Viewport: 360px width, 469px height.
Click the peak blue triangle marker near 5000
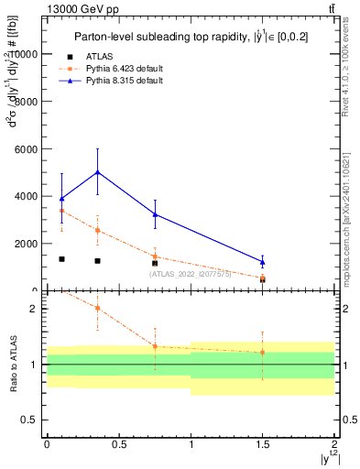click(97, 172)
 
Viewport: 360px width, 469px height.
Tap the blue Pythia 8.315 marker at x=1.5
click(262, 262)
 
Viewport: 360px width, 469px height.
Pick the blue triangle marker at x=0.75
click(155, 214)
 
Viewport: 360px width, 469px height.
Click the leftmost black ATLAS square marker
click(61, 259)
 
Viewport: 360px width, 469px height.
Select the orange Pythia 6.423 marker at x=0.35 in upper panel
click(97, 230)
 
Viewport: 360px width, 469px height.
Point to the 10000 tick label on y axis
click(24, 54)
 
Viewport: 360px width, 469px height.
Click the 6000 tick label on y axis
click(27, 149)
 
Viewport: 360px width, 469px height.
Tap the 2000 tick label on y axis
click(27, 244)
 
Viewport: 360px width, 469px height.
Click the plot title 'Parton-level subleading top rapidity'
click(183, 36)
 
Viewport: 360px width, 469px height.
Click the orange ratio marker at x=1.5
click(262, 352)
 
